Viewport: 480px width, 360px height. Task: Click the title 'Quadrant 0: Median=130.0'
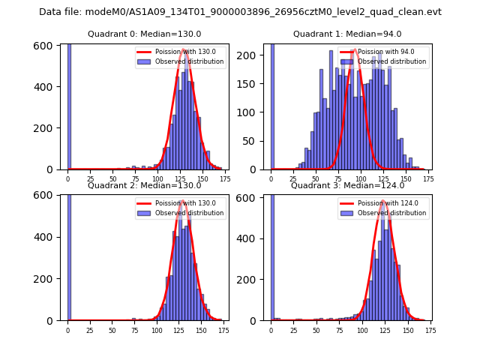click(144, 34)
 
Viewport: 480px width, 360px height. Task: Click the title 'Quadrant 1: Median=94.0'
click(347, 34)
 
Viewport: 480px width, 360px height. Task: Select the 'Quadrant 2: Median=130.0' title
click(144, 185)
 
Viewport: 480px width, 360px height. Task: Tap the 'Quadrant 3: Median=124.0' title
click(347, 185)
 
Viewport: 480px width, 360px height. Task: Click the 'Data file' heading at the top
click(240, 12)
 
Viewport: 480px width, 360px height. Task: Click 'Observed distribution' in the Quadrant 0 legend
click(189, 61)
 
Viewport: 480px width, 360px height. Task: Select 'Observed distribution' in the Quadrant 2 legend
click(189, 213)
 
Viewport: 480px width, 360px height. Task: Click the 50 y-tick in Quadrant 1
click(255, 140)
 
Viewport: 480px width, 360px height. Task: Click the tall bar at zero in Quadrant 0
click(68, 105)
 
